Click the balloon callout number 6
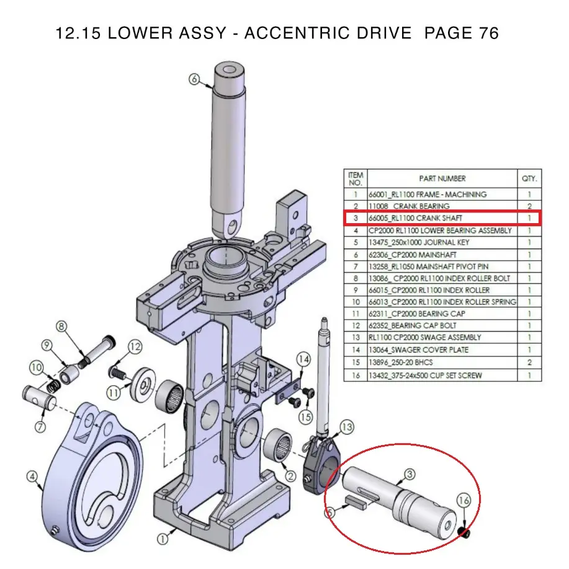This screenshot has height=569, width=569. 194,79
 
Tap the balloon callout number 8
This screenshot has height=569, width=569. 61,326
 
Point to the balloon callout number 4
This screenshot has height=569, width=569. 32,477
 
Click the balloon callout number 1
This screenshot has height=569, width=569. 163,539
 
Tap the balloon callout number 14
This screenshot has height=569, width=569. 303,359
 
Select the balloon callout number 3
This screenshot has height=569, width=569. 409,475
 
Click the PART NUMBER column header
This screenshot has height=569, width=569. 442,179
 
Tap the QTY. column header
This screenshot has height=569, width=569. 529,179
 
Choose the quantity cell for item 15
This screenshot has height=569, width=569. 529,362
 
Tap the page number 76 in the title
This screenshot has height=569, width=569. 487,33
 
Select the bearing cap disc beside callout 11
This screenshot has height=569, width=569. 144,385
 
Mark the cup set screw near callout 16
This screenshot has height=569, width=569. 464,532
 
